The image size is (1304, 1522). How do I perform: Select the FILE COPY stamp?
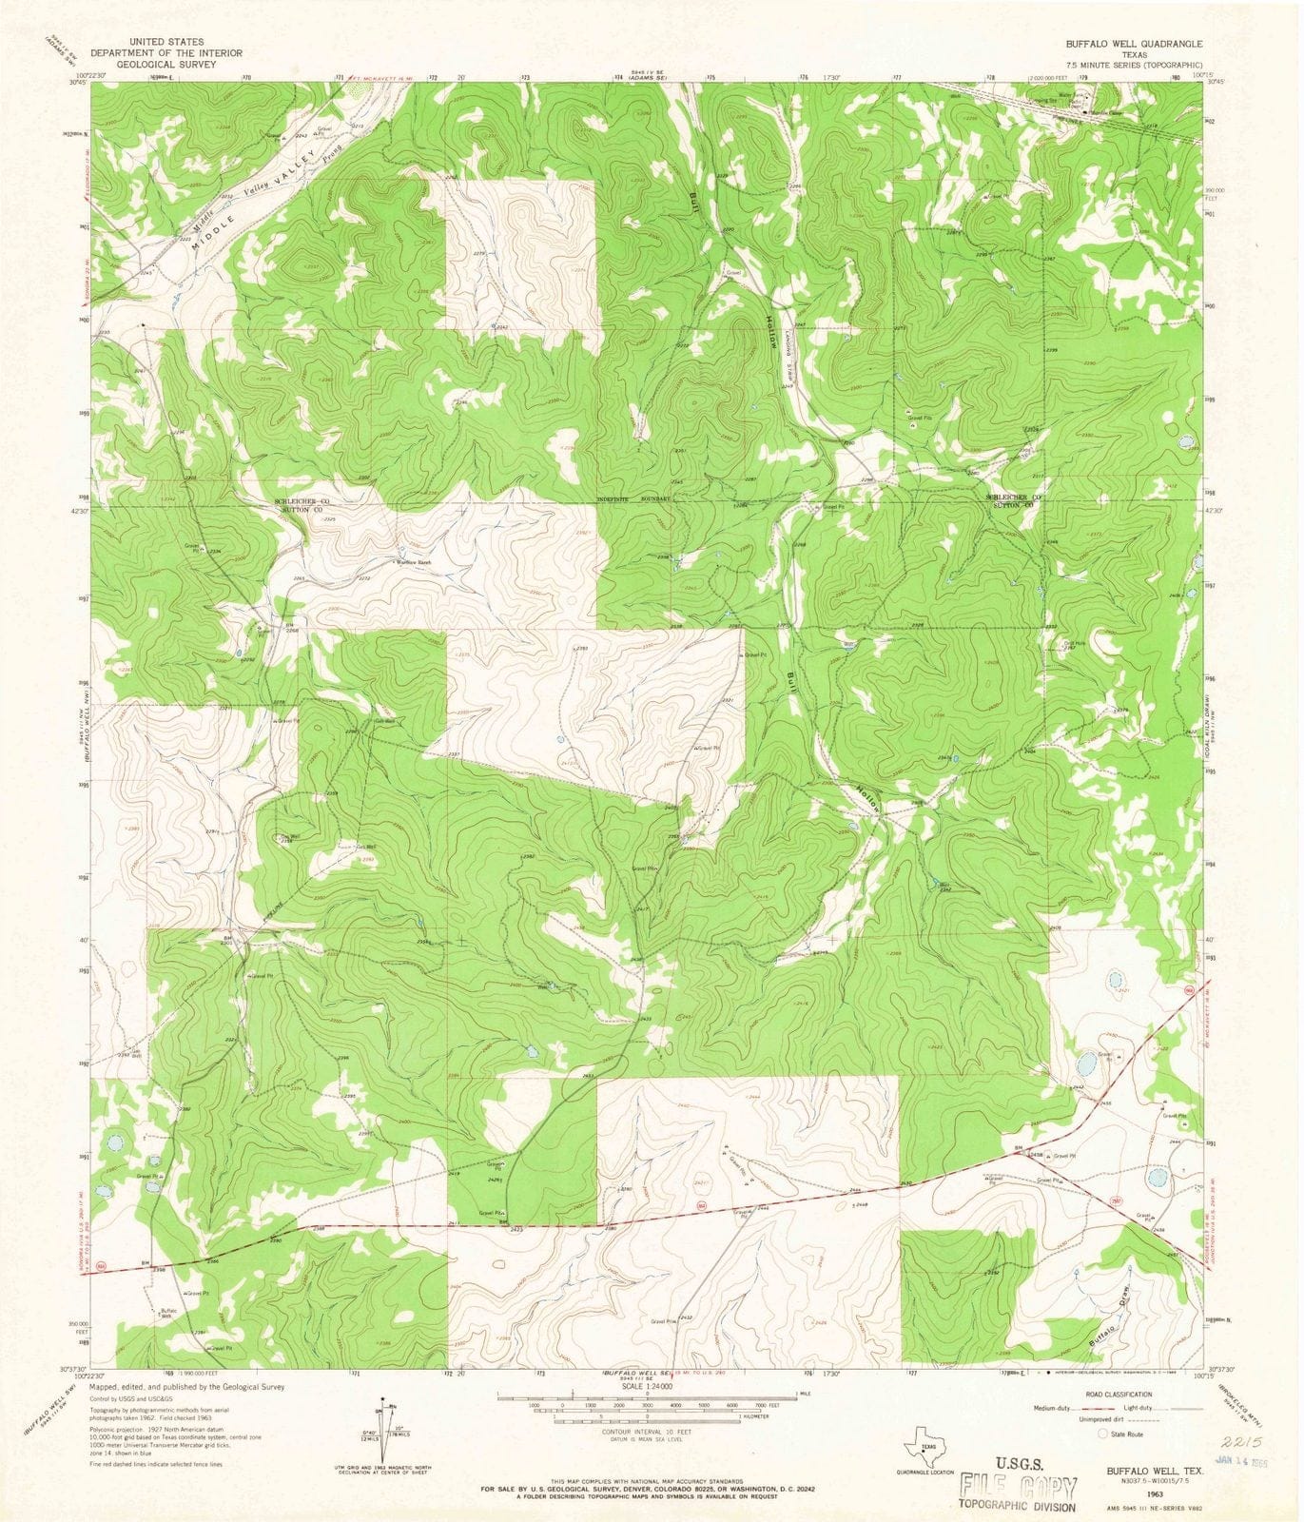point(1019,1489)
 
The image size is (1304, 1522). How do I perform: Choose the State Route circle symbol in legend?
point(1103,1433)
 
